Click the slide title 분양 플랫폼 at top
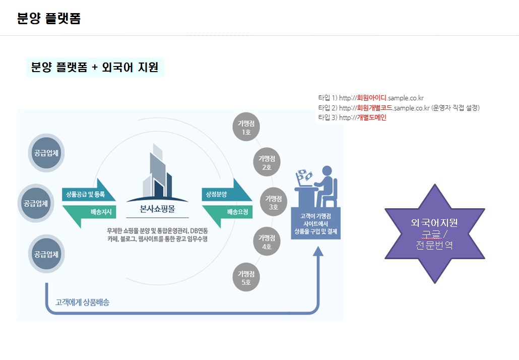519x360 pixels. click(x=49, y=19)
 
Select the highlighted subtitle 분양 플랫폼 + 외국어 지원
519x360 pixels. click(x=95, y=67)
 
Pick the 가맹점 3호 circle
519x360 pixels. click(x=274, y=202)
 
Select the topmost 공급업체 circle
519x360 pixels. click(x=46, y=153)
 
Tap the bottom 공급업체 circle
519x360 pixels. click(x=46, y=254)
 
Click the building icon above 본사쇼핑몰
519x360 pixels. click(x=157, y=174)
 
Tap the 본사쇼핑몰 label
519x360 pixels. click(x=158, y=209)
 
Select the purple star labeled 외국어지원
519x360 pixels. click(x=434, y=233)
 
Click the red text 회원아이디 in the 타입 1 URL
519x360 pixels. click(x=371, y=98)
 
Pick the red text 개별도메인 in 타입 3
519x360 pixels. click(x=371, y=117)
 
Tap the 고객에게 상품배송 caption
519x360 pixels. click(x=82, y=303)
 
